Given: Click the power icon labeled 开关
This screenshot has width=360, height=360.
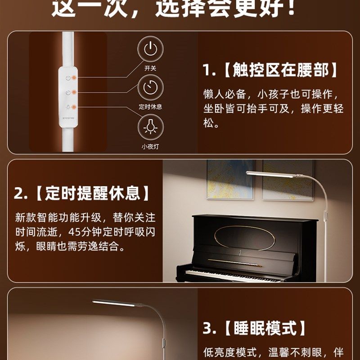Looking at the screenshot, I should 150,49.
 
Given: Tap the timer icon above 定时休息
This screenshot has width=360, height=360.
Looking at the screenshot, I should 150,87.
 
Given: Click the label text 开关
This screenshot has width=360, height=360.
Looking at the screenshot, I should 150,68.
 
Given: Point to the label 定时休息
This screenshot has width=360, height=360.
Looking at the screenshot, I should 150,107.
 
